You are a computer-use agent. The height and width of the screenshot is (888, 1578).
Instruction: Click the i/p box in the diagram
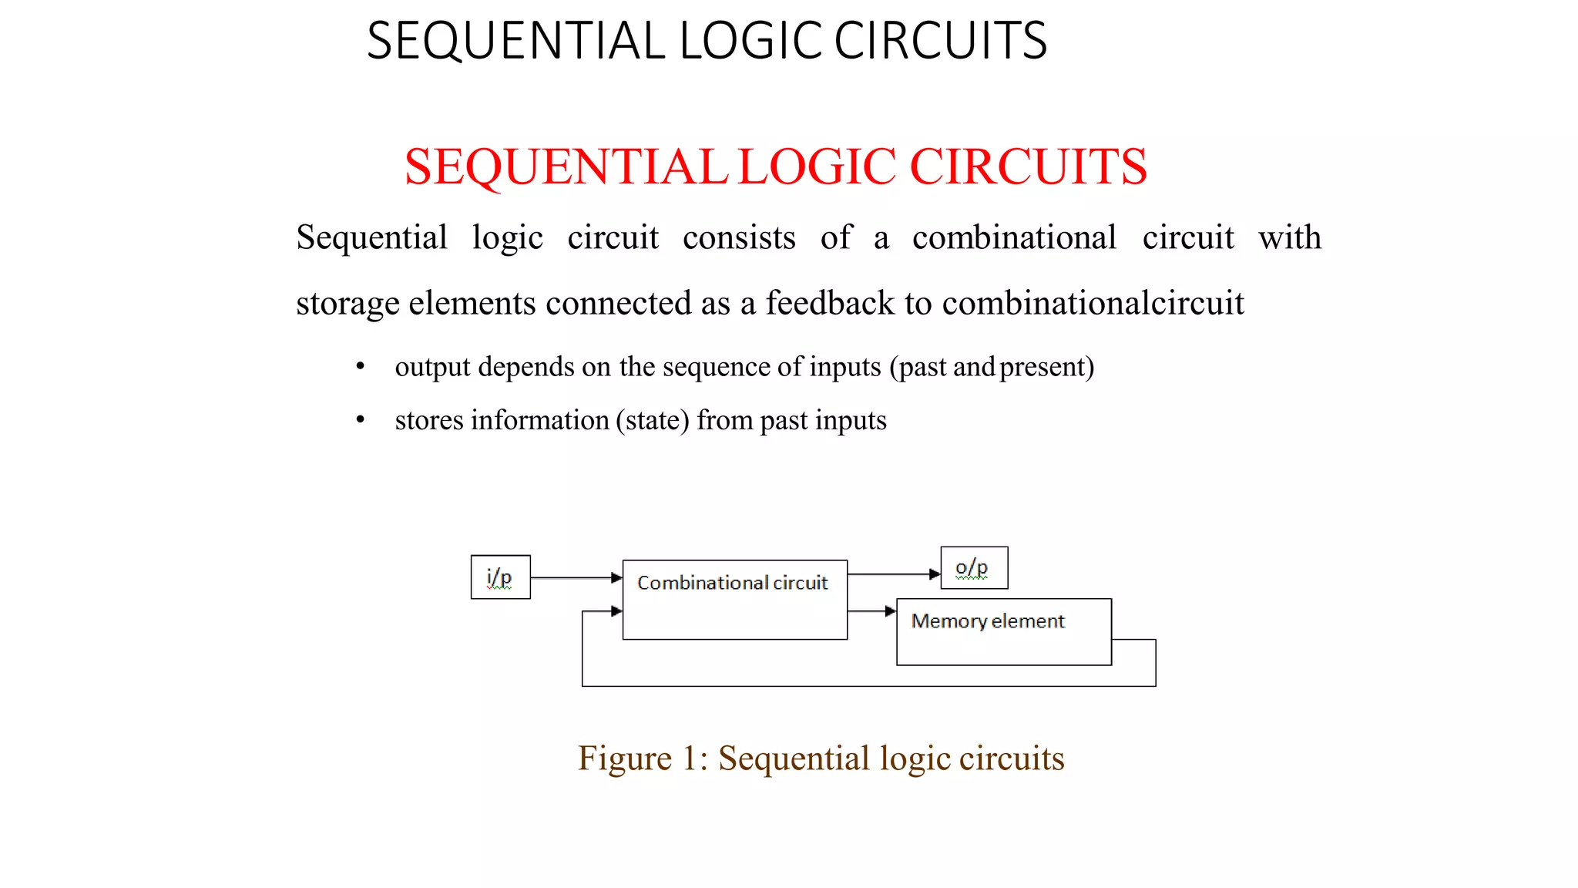(500, 577)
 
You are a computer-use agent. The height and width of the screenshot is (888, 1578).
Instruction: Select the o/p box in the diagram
(974, 568)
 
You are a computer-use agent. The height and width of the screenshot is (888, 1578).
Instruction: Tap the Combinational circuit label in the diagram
(732, 583)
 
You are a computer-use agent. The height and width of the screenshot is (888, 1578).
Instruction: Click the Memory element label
(987, 621)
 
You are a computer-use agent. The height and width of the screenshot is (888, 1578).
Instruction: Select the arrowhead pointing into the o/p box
(935, 574)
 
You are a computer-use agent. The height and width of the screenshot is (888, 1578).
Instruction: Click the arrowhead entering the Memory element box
(891, 611)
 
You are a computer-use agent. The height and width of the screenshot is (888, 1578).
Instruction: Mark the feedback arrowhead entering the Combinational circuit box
(616, 611)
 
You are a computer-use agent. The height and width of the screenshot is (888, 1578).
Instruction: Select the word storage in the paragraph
(347, 304)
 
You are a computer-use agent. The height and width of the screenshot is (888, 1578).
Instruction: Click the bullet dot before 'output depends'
(360, 367)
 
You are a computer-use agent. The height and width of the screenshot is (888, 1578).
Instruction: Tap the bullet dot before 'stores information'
(360, 420)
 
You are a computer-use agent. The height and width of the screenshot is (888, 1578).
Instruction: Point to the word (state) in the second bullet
(653, 421)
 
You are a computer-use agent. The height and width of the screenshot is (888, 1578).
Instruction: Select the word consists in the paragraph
(739, 237)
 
